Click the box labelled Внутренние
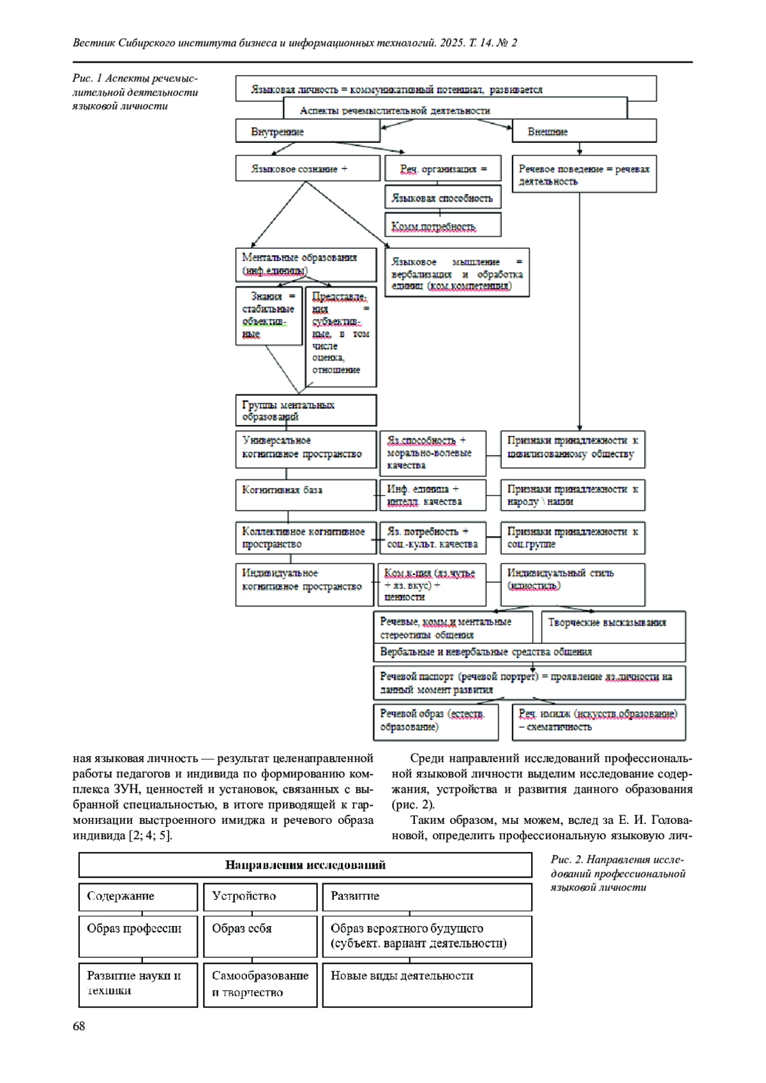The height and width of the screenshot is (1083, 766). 307,132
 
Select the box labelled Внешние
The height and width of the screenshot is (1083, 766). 583,132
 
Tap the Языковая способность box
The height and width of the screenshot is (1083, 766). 442,198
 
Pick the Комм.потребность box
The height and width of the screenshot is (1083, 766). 442,226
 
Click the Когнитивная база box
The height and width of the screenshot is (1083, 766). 305,495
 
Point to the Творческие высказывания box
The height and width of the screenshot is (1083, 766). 613,627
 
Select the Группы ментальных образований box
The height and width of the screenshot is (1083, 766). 305,410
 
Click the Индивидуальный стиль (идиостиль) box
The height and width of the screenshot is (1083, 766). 572,584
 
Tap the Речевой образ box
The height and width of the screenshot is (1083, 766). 440,721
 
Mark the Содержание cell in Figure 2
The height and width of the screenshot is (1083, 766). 138,897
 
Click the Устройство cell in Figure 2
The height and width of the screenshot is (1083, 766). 260,897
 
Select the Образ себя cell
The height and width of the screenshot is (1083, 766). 260,936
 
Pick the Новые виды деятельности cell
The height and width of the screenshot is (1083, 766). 426,985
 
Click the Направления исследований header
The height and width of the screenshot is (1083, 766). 305,865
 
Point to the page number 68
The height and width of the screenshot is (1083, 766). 79,1026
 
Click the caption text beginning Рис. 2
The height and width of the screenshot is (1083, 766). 617,874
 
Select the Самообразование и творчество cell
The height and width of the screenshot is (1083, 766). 260,985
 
